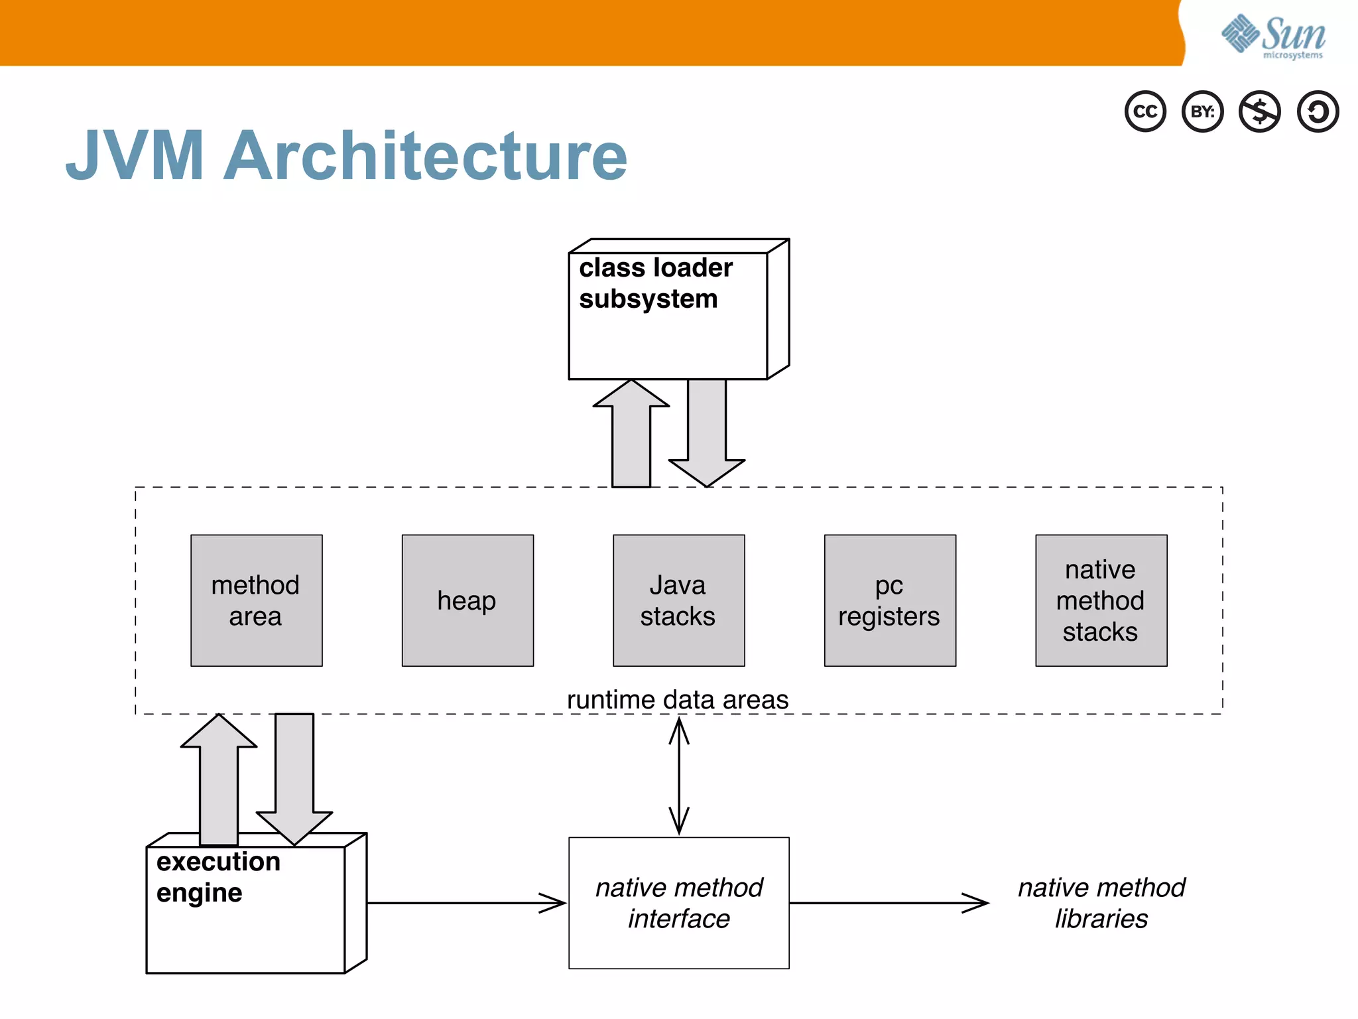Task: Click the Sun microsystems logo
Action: pyautogui.click(x=1273, y=36)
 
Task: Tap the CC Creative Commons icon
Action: pyautogui.click(x=1145, y=111)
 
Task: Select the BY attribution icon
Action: pyautogui.click(x=1202, y=111)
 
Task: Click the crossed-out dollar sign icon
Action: pyautogui.click(x=1260, y=111)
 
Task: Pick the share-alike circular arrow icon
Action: pyautogui.click(x=1318, y=111)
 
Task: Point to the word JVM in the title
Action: pyautogui.click(x=135, y=157)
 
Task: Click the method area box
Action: pyautogui.click(x=256, y=600)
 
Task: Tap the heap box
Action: pyautogui.click(x=467, y=600)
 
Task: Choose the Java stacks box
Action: pyautogui.click(x=678, y=600)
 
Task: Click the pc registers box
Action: pyautogui.click(x=890, y=600)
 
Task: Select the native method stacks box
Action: pyautogui.click(x=1101, y=600)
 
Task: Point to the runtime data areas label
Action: pyautogui.click(x=678, y=700)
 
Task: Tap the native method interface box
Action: pyautogui.click(x=678, y=903)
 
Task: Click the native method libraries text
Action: pyautogui.click(x=1101, y=903)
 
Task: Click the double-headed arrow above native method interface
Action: pyautogui.click(x=678, y=776)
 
